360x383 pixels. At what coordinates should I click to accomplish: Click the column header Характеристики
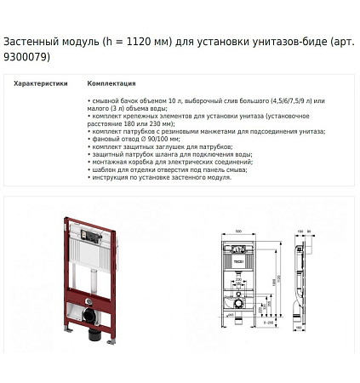[41, 84]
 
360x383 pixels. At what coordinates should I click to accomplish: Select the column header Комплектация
[111, 84]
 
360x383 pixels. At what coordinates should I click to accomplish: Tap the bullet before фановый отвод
[89, 140]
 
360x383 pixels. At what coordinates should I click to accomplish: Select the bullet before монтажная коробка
[89, 163]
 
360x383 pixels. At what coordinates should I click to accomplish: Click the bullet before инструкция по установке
[89, 177]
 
